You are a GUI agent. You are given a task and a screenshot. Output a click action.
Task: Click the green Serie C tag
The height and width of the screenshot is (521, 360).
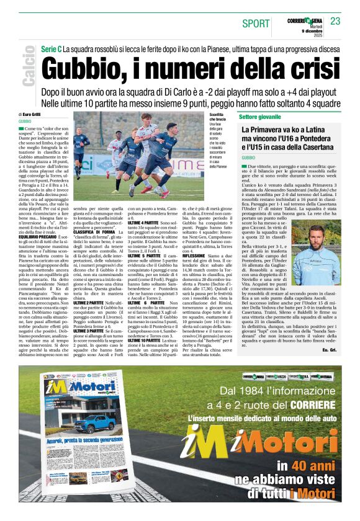(x=50, y=48)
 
